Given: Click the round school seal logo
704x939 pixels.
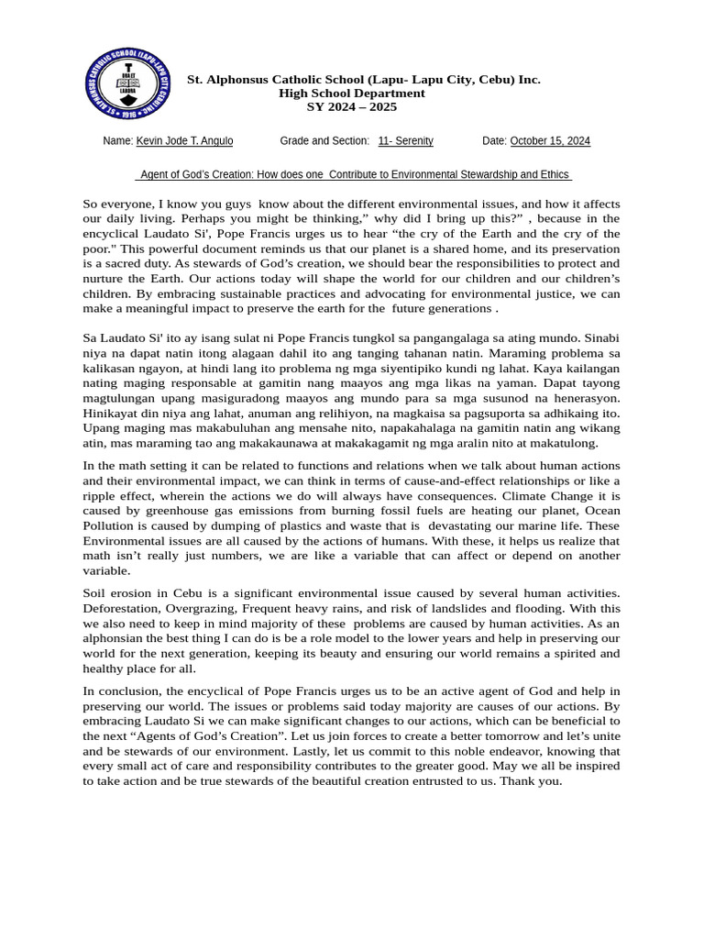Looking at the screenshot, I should [x=128, y=83].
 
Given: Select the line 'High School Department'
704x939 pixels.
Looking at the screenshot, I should [x=352, y=94].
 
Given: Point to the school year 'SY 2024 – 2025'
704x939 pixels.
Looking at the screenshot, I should [x=352, y=107].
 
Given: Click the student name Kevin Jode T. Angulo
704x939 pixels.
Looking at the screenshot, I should [x=184, y=141].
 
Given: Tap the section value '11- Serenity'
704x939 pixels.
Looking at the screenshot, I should [x=406, y=141].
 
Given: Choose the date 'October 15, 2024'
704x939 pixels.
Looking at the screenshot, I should [x=550, y=141].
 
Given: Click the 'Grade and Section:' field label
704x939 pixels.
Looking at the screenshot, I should [x=324, y=141].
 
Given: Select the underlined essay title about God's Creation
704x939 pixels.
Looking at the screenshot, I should [x=354, y=175].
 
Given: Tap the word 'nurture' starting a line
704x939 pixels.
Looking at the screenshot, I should [x=104, y=279].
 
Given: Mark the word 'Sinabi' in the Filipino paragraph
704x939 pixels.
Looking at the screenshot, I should [x=599, y=338].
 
